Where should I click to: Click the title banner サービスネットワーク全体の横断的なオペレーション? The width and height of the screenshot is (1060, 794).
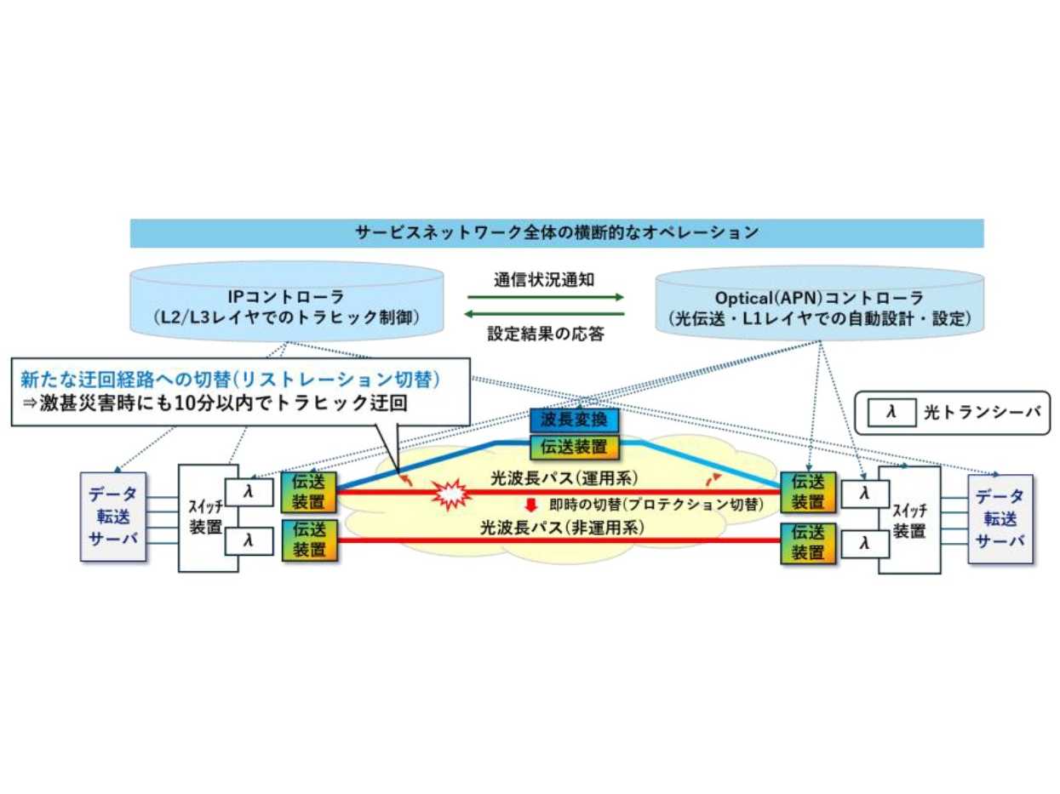click(x=556, y=232)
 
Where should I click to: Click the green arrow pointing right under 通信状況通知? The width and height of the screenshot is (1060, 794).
click(x=546, y=298)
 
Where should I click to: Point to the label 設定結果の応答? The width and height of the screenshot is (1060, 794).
click(x=546, y=334)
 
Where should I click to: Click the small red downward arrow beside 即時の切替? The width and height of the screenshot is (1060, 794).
click(x=531, y=504)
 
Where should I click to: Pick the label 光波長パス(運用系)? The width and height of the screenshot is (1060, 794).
click(x=564, y=478)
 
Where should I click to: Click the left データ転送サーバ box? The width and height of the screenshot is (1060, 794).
click(x=113, y=517)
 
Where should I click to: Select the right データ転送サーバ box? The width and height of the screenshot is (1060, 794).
click(x=1000, y=518)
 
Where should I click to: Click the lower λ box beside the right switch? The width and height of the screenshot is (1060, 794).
click(x=865, y=542)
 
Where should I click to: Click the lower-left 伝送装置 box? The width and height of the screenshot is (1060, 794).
click(x=309, y=540)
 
